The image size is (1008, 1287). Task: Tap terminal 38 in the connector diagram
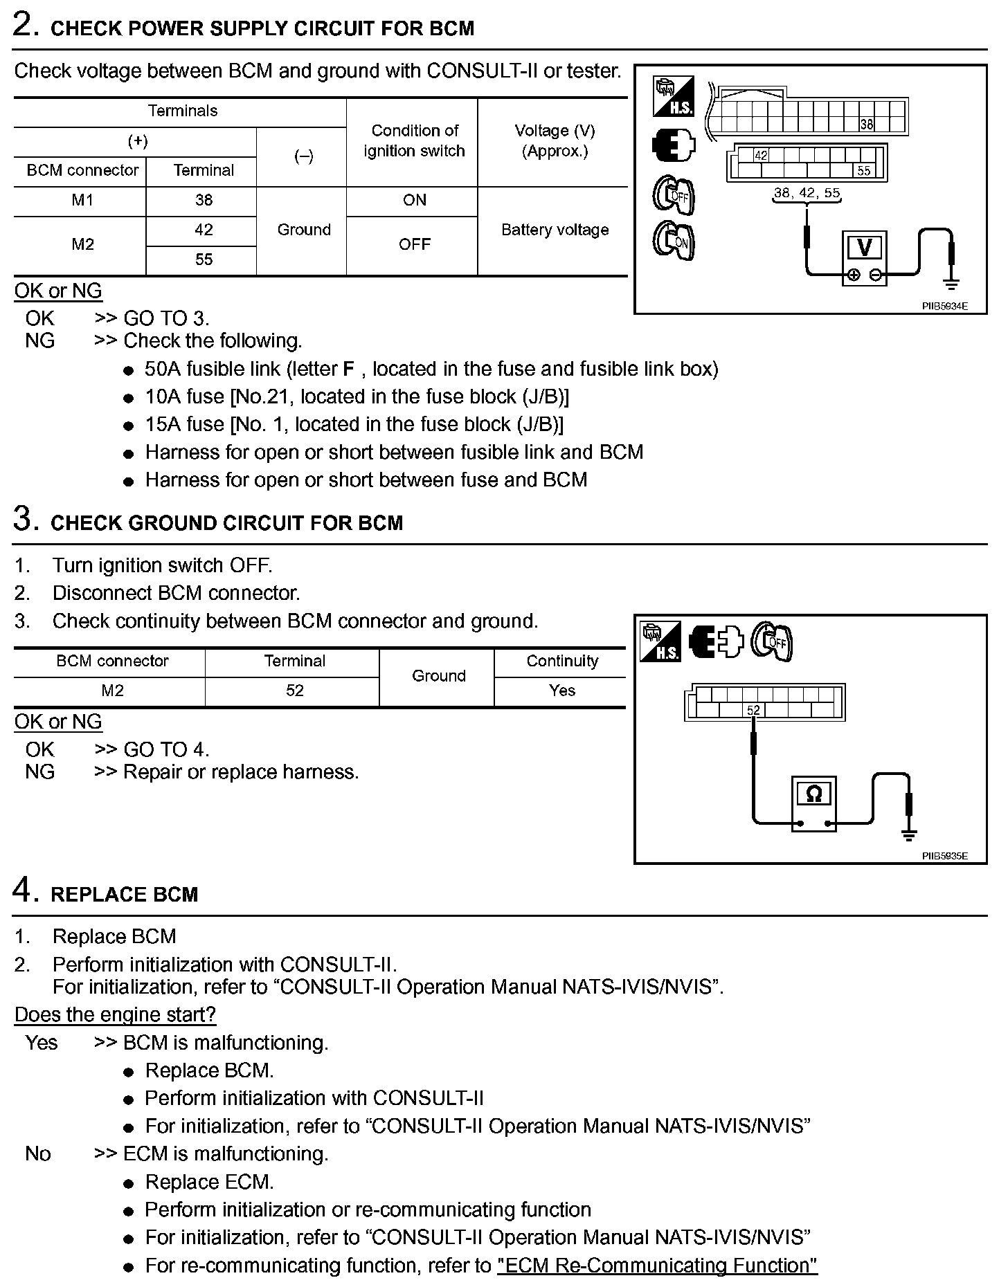pos(867,125)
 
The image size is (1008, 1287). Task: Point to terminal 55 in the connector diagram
pos(864,171)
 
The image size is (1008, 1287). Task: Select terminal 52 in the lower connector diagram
pos(753,710)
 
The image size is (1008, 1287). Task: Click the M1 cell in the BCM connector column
pos(82,201)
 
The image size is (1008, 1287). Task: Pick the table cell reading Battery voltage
pos(555,230)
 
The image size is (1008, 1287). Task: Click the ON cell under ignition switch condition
pos(414,201)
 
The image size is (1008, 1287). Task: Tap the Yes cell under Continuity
pos(561,691)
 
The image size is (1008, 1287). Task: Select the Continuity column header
pos(561,661)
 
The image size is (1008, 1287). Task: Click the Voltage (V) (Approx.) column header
pos(555,141)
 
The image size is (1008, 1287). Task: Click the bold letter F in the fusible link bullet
pos(349,369)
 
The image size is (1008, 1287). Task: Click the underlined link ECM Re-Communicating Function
pos(657,1266)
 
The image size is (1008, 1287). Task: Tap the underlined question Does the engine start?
pos(115,1015)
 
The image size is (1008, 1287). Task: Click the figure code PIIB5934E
pos(944,306)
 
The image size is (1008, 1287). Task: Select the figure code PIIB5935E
pos(944,856)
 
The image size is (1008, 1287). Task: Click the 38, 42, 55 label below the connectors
pos(807,193)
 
